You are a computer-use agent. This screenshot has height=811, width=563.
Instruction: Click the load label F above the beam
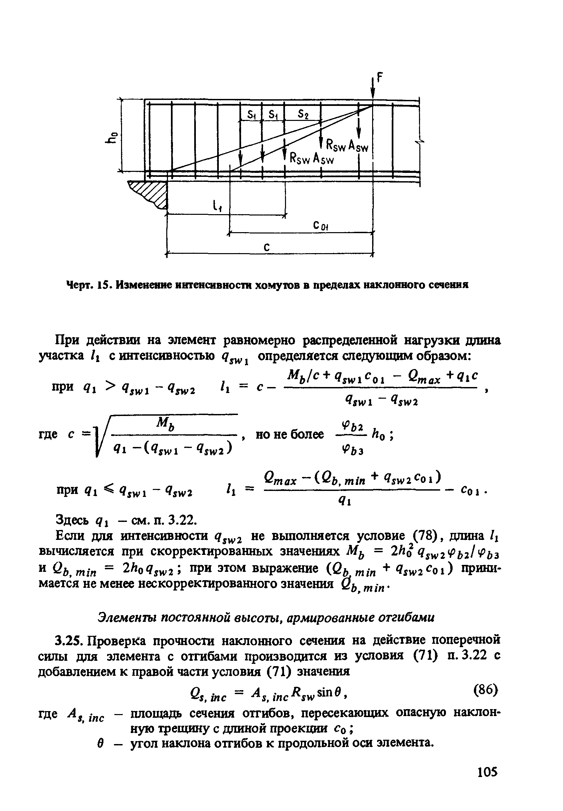pyautogui.click(x=380, y=78)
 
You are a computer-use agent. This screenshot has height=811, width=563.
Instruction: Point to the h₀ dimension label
pyautogui.click(x=114, y=136)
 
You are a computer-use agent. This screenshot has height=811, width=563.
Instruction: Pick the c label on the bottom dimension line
pyautogui.click(x=267, y=247)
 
